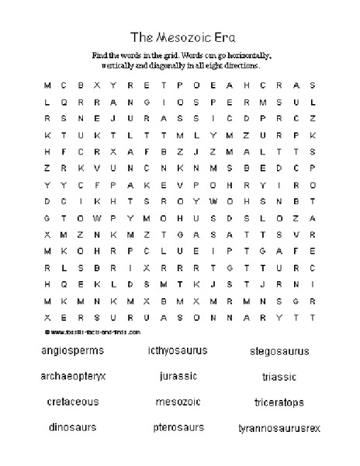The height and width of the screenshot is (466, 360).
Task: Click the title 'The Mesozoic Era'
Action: [179, 37]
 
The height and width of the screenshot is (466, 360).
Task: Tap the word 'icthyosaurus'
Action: [177, 350]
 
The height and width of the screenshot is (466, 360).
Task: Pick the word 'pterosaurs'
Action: [178, 427]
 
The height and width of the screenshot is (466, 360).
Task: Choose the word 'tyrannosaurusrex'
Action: [279, 428]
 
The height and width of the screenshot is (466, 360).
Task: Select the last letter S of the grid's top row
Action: [311, 85]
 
